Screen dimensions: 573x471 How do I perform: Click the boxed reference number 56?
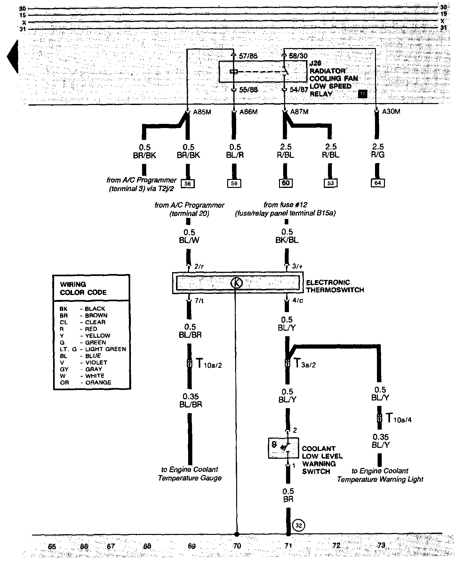pyautogui.click(x=188, y=183)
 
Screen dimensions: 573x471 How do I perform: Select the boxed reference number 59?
pyautogui.click(x=235, y=183)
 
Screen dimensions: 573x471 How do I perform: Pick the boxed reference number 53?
pyautogui.click(x=330, y=183)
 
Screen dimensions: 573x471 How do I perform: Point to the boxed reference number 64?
pyautogui.click(x=378, y=183)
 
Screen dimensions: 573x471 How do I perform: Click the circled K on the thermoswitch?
pyautogui.click(x=236, y=283)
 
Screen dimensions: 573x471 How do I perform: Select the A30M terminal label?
pyautogui.click(x=391, y=112)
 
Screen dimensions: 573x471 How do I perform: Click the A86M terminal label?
pyautogui.click(x=249, y=112)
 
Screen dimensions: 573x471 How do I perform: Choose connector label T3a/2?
pyautogui.click(x=304, y=364)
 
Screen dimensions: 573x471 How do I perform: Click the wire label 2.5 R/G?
pyautogui.click(x=378, y=151)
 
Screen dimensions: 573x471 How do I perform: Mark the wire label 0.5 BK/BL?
pyautogui.click(x=287, y=236)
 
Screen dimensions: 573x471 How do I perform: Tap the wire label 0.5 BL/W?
pyautogui.click(x=189, y=236)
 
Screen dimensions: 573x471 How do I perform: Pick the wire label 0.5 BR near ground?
pyautogui.click(x=288, y=495)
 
